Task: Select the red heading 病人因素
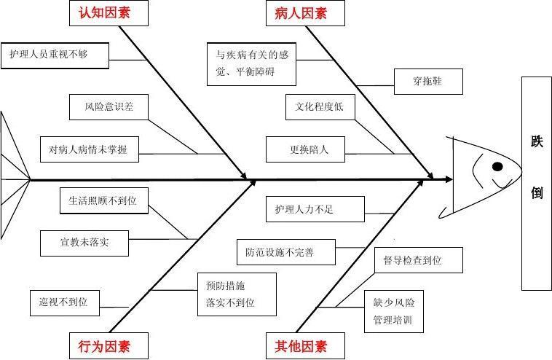click(301, 12)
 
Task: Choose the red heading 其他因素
click(301, 346)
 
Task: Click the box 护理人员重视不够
click(55, 54)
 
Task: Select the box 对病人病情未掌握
click(89, 149)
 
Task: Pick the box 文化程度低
click(319, 107)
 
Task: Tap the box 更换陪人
click(309, 149)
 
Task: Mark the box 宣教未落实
click(84, 242)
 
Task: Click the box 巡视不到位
click(63, 301)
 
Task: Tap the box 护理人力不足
click(304, 209)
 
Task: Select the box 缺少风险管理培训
click(394, 310)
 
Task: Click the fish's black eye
click(497, 166)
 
